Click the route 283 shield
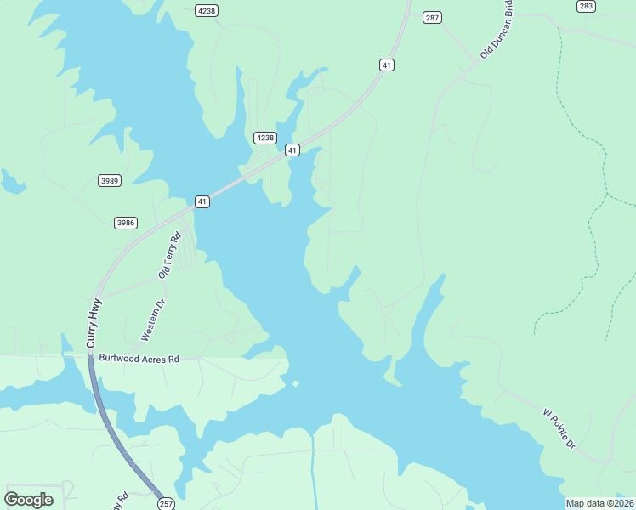click(x=585, y=6)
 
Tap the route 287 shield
click(x=433, y=18)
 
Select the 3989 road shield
click(x=110, y=180)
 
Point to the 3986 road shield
click(x=126, y=223)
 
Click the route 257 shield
click(x=167, y=503)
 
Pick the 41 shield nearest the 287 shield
click(x=387, y=65)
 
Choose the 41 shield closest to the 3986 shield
click(x=202, y=201)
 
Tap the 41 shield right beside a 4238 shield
click(x=292, y=150)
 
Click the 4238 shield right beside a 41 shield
click(x=265, y=138)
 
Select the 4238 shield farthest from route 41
click(x=206, y=10)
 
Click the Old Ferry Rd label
click(x=170, y=256)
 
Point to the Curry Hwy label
click(x=94, y=322)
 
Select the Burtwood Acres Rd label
click(x=139, y=360)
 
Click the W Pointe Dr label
click(x=559, y=428)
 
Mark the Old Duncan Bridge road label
click(x=497, y=29)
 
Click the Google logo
click(x=28, y=500)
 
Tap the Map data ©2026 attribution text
click(x=600, y=503)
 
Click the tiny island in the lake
click(x=296, y=383)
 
